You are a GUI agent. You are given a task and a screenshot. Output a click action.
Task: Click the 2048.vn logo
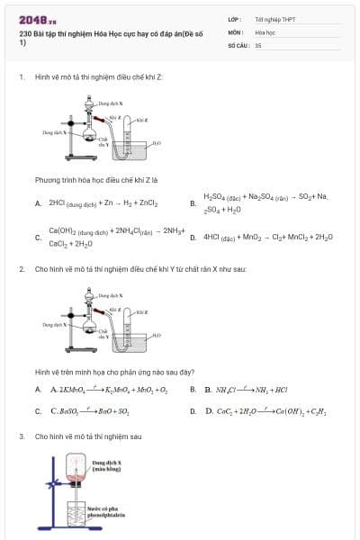[x=38, y=19]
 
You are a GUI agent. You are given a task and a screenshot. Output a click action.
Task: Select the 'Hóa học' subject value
[x=265, y=31]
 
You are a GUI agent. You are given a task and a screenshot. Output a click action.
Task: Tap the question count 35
[x=258, y=44]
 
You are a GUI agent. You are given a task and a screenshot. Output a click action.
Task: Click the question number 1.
[x=21, y=76]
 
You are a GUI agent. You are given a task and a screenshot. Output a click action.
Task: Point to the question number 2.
[x=21, y=268]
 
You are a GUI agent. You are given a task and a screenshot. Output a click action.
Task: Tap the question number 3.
[x=21, y=436]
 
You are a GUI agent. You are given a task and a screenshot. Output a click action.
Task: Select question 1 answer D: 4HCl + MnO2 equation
[x=267, y=237]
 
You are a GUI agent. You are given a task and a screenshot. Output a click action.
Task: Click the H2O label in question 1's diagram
[x=157, y=142]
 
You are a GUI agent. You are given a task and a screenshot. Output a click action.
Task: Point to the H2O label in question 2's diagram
[x=157, y=334]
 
